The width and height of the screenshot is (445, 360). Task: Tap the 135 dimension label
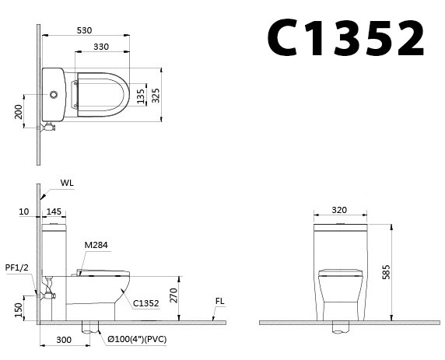[x=142, y=95]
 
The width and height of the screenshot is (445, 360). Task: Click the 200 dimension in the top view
[x=19, y=113]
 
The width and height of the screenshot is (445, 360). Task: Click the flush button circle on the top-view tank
[x=54, y=95]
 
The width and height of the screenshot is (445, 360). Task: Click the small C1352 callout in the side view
[x=147, y=303]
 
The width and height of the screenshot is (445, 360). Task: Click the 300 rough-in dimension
[x=65, y=340]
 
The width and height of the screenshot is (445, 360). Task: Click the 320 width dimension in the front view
[x=338, y=209]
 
